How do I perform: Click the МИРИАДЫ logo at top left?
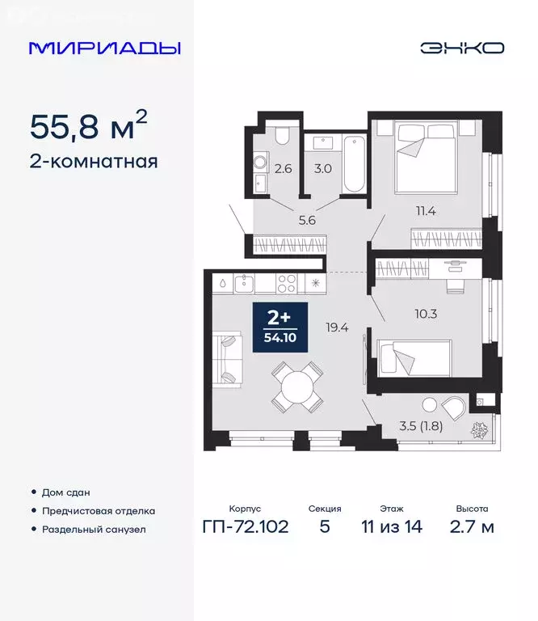pyautogui.click(x=104, y=48)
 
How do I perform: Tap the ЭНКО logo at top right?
pyautogui.click(x=461, y=48)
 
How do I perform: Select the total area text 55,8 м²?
pyautogui.click(x=89, y=125)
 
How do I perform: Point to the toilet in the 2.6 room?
pyautogui.click(x=281, y=135)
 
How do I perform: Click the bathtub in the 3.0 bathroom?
pyautogui.click(x=354, y=165)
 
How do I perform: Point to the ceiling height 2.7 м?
pyautogui.click(x=471, y=528)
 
